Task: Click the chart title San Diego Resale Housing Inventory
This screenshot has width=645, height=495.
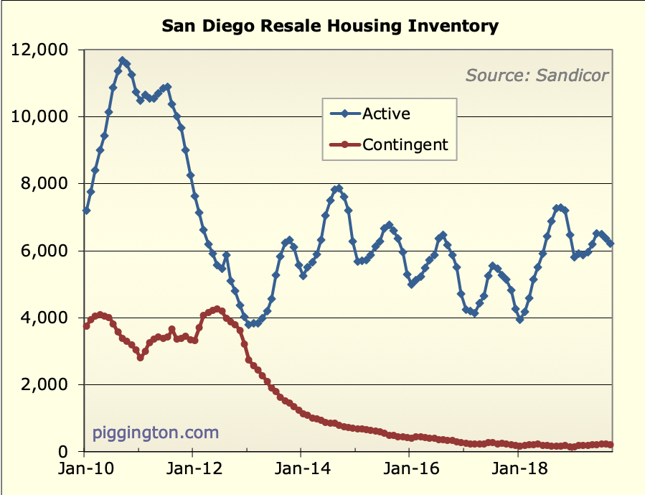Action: coord(329,27)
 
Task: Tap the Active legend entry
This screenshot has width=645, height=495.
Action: coord(386,114)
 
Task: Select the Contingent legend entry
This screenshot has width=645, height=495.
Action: coord(405,144)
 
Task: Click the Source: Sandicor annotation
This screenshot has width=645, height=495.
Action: coord(537,75)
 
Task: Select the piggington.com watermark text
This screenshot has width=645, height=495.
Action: coord(155,433)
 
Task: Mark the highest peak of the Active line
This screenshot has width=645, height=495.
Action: coord(122,61)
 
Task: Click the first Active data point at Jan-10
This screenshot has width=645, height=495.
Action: coord(86,211)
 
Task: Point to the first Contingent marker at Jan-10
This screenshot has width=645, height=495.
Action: coord(86,325)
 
